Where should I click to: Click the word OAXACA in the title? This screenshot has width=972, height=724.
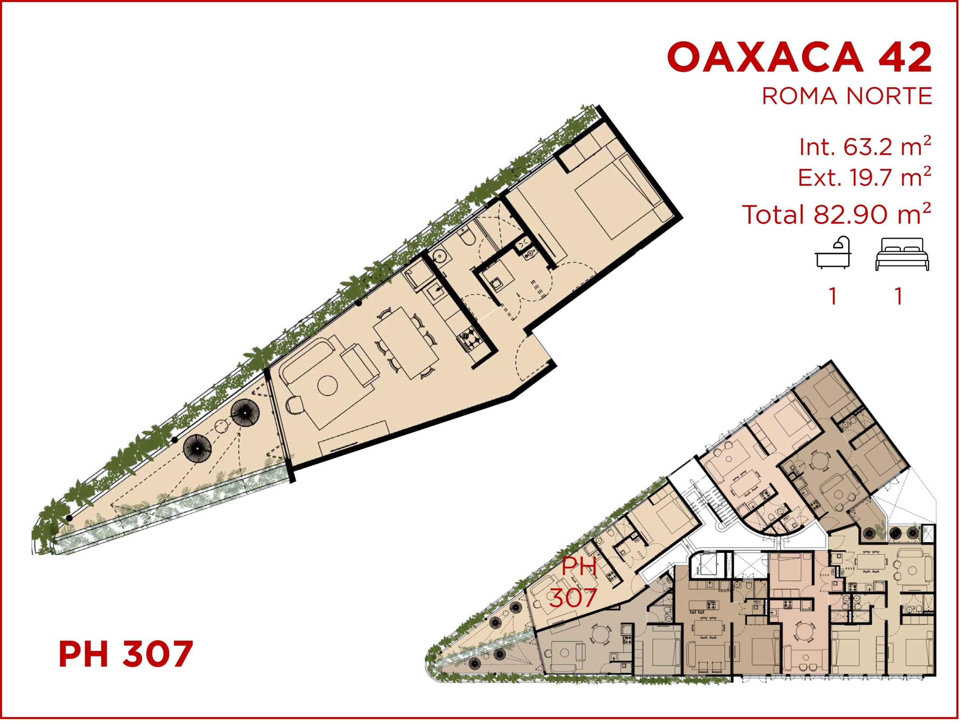(x=765, y=57)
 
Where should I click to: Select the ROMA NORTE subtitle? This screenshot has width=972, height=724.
(x=847, y=96)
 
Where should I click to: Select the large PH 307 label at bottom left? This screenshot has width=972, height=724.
(x=126, y=654)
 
